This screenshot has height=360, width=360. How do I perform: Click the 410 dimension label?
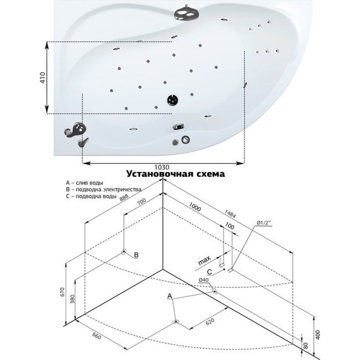[43, 78]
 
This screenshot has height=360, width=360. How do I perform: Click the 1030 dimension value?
[162, 167]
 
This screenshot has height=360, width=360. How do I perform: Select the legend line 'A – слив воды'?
[85, 183]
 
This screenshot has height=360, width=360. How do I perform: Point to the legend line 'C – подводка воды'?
[91, 196]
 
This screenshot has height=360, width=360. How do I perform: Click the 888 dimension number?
[124, 198]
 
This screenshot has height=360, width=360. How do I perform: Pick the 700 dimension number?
[141, 202]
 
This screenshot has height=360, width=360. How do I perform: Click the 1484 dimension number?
[230, 213]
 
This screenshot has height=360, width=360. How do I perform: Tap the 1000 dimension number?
[195, 207]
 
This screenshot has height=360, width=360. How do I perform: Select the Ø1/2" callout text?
[264, 223]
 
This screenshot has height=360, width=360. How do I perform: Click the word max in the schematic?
[204, 261]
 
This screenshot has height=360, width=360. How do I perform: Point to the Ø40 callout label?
[203, 280]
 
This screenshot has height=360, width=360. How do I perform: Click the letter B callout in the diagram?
[136, 255]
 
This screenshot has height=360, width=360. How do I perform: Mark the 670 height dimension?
[63, 292]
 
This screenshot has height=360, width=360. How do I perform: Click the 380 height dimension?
[73, 299]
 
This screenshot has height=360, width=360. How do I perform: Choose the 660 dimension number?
[97, 336]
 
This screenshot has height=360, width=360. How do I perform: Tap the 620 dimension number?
[210, 321]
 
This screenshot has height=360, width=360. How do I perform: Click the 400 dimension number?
[318, 335]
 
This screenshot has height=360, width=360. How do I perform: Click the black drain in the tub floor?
[172, 100]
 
